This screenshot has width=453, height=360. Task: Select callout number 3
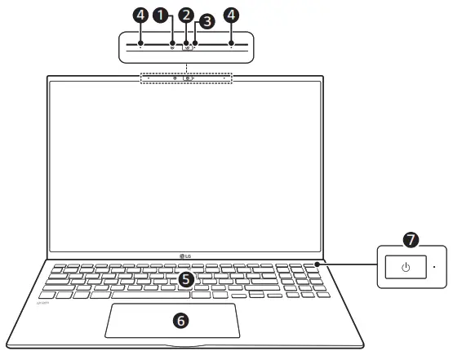(207, 22)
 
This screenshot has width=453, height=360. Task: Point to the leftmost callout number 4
(141, 14)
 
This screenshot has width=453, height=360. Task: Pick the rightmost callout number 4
(232, 14)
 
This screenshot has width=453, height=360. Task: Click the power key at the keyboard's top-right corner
(317, 264)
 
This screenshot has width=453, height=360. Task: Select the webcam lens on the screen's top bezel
(186, 78)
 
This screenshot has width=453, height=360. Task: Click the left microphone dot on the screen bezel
(149, 78)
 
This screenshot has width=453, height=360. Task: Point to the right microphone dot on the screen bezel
(224, 78)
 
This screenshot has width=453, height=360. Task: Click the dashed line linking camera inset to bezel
(186, 69)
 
